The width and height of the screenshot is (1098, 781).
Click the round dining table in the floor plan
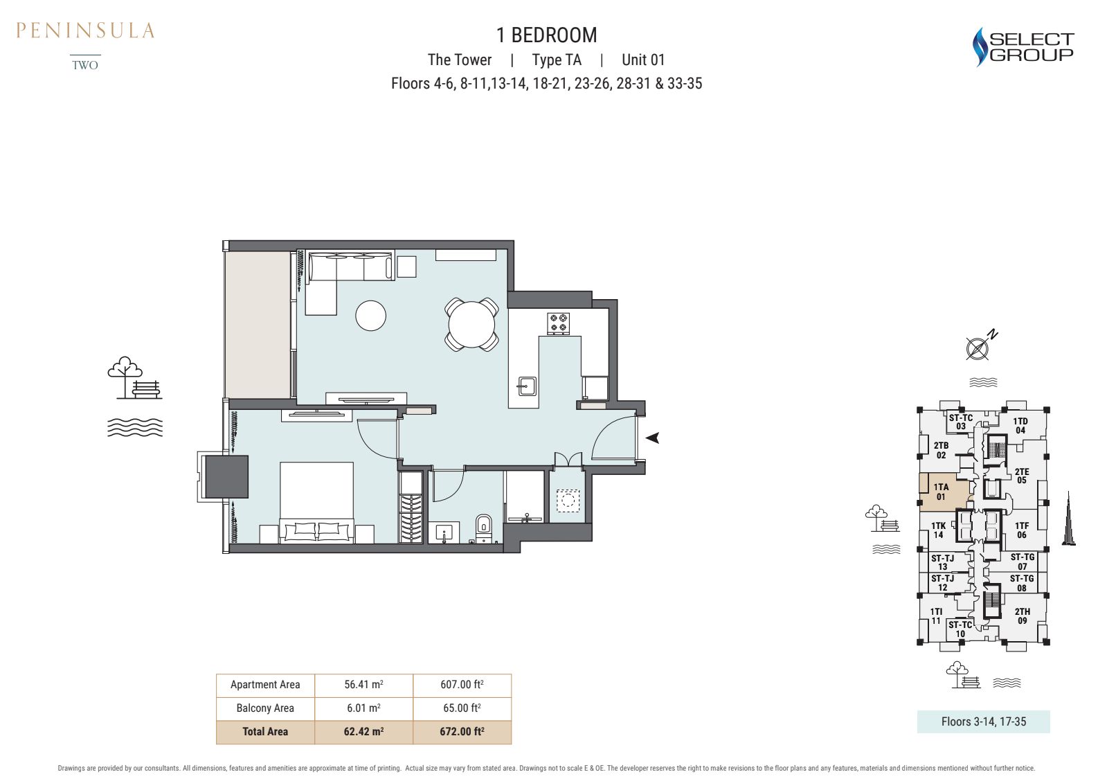(471, 325)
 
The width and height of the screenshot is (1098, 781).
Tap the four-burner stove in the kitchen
(558, 323)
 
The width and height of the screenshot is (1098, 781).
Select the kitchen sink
(527, 386)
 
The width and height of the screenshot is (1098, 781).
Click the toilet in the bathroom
(483, 528)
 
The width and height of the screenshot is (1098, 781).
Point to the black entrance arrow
(652, 438)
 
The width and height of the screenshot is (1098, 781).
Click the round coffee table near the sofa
(370, 316)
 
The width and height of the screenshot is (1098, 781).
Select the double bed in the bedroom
(316, 503)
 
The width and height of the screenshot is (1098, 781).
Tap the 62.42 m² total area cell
(363, 732)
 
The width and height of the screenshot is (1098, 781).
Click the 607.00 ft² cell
(462, 685)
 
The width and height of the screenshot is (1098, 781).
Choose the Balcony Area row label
(265, 708)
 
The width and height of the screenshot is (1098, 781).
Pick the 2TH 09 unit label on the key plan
(1022, 616)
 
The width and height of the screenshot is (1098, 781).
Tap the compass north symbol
(980, 345)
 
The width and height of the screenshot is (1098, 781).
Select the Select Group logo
(1023, 47)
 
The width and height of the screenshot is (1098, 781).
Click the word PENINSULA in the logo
(85, 30)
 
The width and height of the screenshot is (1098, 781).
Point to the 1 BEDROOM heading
(546, 35)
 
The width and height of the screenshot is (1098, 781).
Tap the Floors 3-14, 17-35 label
(983, 721)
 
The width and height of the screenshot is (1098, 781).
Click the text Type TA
(557, 60)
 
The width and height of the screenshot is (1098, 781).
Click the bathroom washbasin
(444, 532)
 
